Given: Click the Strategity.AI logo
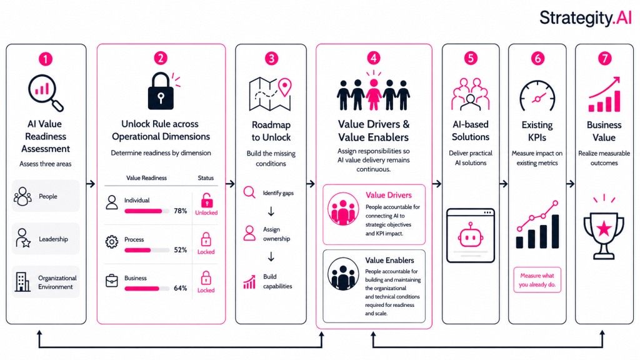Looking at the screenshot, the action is tap(586, 18).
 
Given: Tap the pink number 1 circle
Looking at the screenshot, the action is tap(46, 59).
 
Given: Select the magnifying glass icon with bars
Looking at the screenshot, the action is tap(46, 92).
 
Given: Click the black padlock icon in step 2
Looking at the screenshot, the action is tap(161, 91).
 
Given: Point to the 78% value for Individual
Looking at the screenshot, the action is tap(181, 211).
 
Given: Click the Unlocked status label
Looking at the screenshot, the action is tap(206, 212).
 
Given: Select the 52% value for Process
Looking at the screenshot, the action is tap(181, 250).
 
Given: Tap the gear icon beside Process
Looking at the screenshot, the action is tap(111, 242).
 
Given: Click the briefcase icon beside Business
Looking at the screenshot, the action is tap(111, 281).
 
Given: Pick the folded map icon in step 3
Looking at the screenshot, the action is tap(270, 94).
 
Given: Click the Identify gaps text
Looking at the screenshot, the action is tap(278, 193).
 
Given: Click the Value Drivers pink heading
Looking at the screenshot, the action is tap(389, 195).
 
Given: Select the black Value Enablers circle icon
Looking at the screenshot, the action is tap(343, 274).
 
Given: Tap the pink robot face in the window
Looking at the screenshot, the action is tap(471, 236).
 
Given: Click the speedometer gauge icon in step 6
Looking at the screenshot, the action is tap(537, 96).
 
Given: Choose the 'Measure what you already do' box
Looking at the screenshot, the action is tap(537, 280).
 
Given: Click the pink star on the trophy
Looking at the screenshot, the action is tap(604, 229).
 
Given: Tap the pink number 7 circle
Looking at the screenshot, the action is tap(604, 59).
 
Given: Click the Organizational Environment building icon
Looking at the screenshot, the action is tap(22, 282).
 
